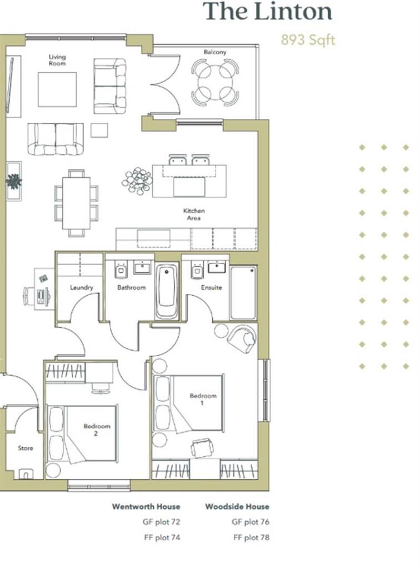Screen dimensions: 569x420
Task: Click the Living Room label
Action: coord(57,60)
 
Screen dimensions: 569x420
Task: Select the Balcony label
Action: coord(214,52)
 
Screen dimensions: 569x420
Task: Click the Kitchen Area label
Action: coord(194,214)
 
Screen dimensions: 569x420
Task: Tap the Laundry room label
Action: coord(81,288)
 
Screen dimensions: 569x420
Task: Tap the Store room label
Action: coord(26,448)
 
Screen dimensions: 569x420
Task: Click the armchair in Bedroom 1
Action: coord(242,338)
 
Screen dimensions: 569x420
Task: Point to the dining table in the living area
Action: coord(76,202)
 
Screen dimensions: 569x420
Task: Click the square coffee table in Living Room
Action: coord(57,89)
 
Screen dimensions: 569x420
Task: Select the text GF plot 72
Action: coord(162,522)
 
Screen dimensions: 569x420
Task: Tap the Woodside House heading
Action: coord(237,507)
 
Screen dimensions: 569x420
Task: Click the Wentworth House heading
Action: coord(146,507)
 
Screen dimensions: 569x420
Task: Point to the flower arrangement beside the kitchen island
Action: coord(137,179)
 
